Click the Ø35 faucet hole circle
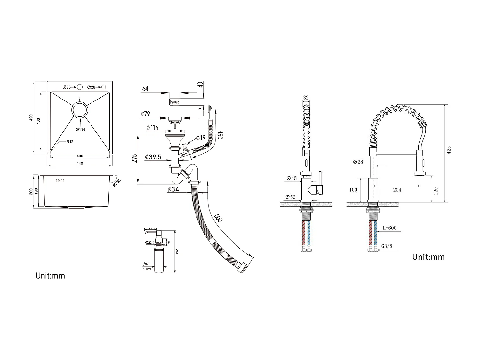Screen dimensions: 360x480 80,87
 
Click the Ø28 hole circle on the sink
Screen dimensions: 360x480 104,87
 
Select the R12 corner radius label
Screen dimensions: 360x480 70,142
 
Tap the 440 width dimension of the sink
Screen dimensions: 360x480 80,164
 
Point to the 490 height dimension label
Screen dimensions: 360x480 31,117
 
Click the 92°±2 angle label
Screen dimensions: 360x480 117,183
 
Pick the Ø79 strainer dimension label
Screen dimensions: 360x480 145,114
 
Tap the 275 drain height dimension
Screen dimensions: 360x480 135,158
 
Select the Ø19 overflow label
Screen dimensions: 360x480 201,138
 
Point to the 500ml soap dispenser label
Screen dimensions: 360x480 147,269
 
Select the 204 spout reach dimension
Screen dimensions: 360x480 397,190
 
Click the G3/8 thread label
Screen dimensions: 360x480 387,246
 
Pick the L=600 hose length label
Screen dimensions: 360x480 389,228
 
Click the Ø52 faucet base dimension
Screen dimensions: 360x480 291,197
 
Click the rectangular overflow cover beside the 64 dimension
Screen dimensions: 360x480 174,102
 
